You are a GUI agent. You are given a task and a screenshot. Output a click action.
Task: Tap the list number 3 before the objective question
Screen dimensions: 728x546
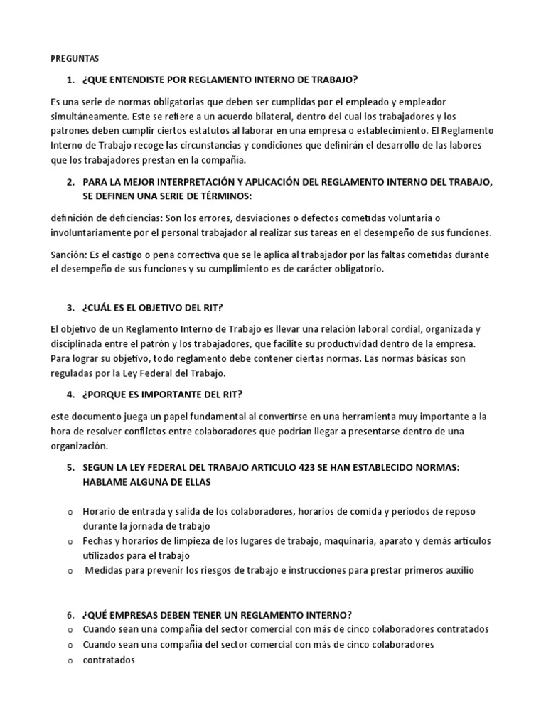70,308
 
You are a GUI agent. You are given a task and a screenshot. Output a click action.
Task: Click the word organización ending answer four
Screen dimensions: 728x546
80,446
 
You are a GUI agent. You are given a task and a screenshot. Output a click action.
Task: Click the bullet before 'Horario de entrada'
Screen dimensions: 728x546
70,513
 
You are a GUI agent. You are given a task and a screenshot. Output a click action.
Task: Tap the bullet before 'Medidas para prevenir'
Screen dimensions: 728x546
70,571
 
